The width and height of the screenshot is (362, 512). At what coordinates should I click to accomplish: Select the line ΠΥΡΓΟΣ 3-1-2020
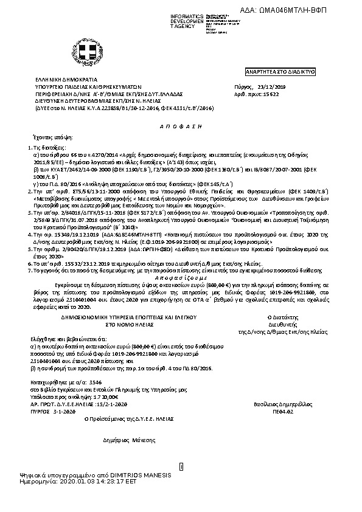56,411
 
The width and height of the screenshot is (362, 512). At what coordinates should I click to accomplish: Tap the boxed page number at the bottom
181,466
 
